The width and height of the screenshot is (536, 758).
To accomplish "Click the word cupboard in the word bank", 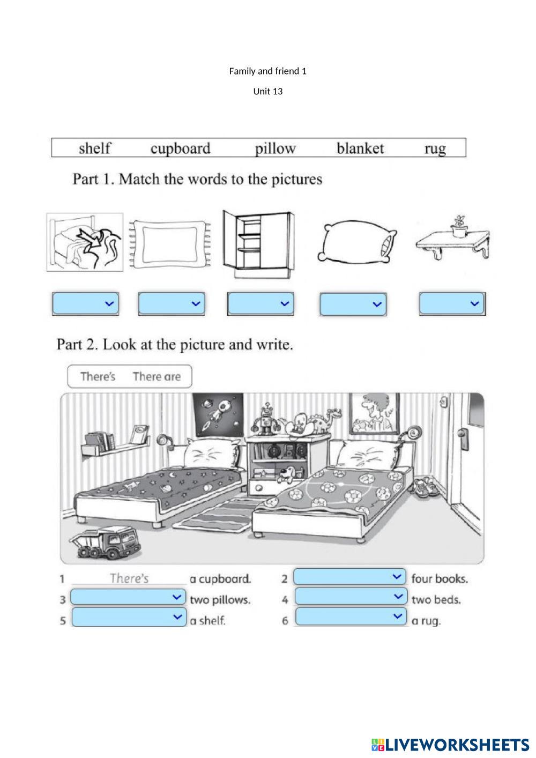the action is click(180, 148).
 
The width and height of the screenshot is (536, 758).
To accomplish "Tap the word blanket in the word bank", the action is click(360, 148).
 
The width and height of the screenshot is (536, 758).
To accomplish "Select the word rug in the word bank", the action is click(435, 148).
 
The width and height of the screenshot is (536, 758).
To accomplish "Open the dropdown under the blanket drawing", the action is click(85, 304).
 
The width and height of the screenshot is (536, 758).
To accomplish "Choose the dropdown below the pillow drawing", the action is click(353, 304).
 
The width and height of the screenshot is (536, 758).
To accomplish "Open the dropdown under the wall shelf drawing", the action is click(452, 303).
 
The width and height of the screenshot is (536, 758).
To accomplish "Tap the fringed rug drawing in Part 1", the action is click(169, 243).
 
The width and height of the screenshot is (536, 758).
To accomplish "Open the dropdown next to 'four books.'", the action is click(350, 577).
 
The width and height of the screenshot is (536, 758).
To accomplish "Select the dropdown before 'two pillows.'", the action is click(128, 597).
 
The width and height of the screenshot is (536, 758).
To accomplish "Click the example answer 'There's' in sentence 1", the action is click(129, 578).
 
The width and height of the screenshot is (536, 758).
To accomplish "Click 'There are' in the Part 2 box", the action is click(157, 376).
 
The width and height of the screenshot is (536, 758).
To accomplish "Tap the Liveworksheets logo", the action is click(450, 744).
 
